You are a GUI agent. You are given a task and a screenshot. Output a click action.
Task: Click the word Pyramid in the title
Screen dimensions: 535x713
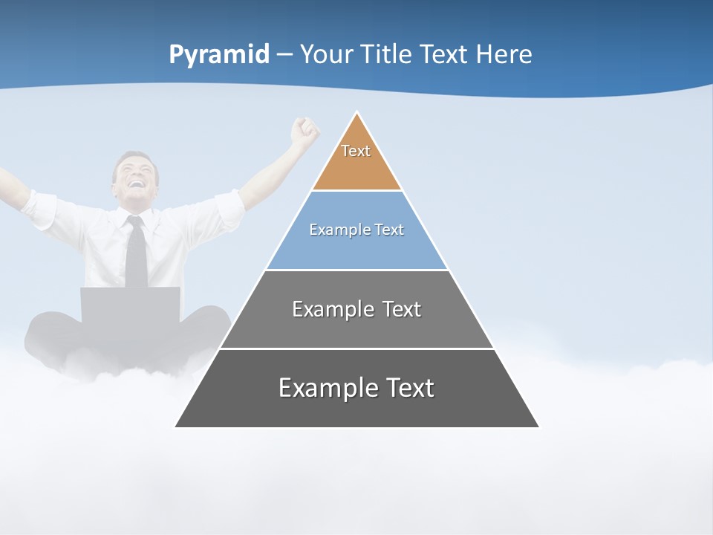click(x=219, y=55)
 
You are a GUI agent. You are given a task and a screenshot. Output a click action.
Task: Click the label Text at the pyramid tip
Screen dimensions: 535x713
click(x=356, y=151)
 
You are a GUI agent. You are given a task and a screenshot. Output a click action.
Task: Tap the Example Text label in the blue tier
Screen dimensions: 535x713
click(x=356, y=230)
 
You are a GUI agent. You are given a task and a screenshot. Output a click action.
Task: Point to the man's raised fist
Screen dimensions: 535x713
click(x=305, y=130)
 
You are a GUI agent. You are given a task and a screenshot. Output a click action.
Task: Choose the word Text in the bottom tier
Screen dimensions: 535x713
click(x=408, y=388)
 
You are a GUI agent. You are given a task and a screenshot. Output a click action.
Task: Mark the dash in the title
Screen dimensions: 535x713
click(x=284, y=55)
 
